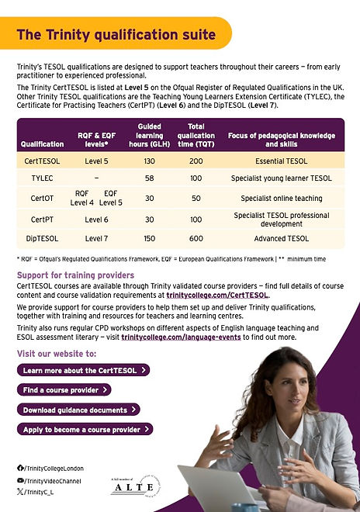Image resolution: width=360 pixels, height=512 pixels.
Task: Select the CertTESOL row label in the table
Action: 42,161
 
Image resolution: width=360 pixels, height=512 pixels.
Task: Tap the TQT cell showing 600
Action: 196,238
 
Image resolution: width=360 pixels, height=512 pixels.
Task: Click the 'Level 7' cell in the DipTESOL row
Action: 96,238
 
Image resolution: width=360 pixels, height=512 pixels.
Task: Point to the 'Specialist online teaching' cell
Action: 281,198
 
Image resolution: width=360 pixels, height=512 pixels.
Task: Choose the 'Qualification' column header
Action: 42,144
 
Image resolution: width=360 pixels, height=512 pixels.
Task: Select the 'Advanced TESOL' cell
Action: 281,238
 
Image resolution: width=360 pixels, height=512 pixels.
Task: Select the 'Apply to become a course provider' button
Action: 85,429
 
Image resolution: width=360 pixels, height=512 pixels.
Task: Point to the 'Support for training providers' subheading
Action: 75,275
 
